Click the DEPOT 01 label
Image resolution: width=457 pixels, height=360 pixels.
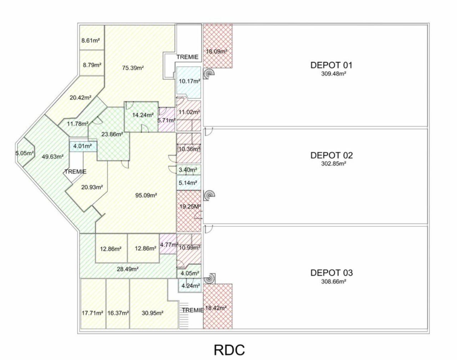[331, 65]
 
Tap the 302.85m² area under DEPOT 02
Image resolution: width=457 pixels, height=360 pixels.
[333, 164]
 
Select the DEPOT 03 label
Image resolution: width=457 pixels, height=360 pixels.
[331, 273]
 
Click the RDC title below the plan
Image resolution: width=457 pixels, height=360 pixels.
[229, 350]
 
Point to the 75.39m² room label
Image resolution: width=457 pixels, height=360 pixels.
[133, 68]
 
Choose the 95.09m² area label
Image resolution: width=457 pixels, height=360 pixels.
[146, 195]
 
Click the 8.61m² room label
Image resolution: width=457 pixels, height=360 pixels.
[91, 41]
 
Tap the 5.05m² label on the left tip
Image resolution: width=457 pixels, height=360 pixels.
[24, 153]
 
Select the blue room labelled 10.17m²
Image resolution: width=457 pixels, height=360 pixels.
[189, 81]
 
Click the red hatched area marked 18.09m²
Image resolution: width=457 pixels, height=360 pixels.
[216, 51]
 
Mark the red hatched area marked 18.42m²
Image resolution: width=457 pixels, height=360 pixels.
[216, 308]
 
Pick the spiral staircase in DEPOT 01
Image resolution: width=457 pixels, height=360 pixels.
[209, 73]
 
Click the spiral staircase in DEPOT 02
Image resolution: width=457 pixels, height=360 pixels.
[210, 195]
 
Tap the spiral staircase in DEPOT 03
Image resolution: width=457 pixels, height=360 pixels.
[211, 278]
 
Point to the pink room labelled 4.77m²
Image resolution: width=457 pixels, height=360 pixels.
[169, 245]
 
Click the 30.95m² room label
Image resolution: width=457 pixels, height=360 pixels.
[152, 313]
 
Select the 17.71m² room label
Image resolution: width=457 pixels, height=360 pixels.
[92, 313]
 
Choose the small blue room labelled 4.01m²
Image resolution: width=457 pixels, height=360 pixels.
[82, 146]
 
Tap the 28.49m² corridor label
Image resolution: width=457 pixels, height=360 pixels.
[127, 269]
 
